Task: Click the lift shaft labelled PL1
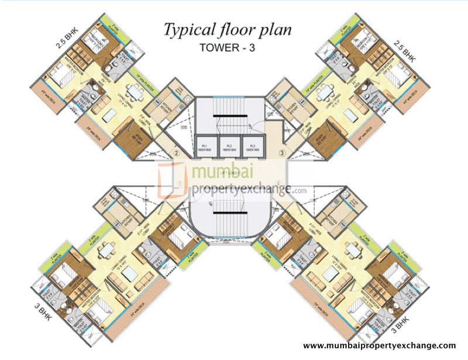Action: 205,147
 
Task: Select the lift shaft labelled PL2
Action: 229,147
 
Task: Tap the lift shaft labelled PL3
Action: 253,147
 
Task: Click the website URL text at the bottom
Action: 379,346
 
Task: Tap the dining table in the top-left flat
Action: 134,92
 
